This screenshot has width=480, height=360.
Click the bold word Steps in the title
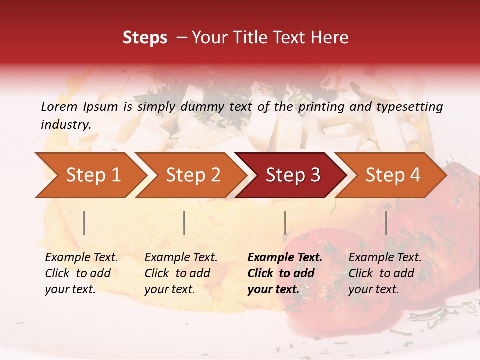click(145, 38)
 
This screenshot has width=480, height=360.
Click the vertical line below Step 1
click(84, 223)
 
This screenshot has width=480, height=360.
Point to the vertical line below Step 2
click(184, 223)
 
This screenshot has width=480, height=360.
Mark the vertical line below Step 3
click(285, 223)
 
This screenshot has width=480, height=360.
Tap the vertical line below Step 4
click(386, 223)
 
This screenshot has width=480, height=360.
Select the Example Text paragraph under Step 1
click(81, 273)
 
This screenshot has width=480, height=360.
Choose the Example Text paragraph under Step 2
click(181, 273)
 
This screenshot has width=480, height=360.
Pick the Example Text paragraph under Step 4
click(385, 273)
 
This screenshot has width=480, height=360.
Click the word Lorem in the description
click(59, 106)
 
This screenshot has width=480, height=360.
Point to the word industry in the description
click(66, 125)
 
